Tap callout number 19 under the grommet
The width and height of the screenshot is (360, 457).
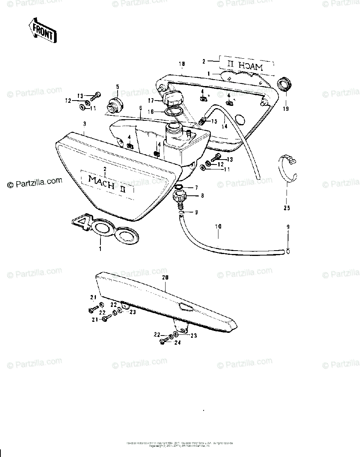click(x=286, y=109)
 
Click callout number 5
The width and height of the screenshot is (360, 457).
click(x=117, y=86)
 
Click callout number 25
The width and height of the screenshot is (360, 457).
click(x=287, y=208)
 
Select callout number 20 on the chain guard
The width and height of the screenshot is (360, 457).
click(x=165, y=278)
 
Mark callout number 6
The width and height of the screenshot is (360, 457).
click(x=140, y=108)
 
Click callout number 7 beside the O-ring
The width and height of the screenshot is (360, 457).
click(x=196, y=188)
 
